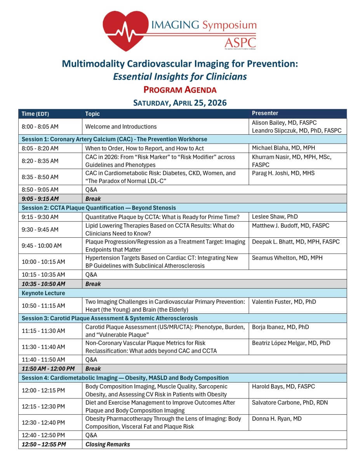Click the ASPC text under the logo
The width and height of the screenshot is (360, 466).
coord(240,42)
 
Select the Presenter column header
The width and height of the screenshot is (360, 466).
coord(265,113)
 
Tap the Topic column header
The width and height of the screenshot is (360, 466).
coord(92,114)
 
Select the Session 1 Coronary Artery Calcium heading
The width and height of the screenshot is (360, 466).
coord(115,139)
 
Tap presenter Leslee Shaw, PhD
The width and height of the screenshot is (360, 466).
coord(275,217)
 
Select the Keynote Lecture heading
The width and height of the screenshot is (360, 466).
coord(43,293)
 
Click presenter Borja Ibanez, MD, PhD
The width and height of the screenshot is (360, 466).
coord(280,327)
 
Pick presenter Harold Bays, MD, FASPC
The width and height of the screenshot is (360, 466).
coord(283,386)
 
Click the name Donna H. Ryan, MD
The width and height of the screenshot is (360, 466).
coord(277,419)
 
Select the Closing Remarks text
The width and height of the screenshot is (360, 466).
coord(108,444)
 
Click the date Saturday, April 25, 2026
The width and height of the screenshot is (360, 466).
coord(180,103)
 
